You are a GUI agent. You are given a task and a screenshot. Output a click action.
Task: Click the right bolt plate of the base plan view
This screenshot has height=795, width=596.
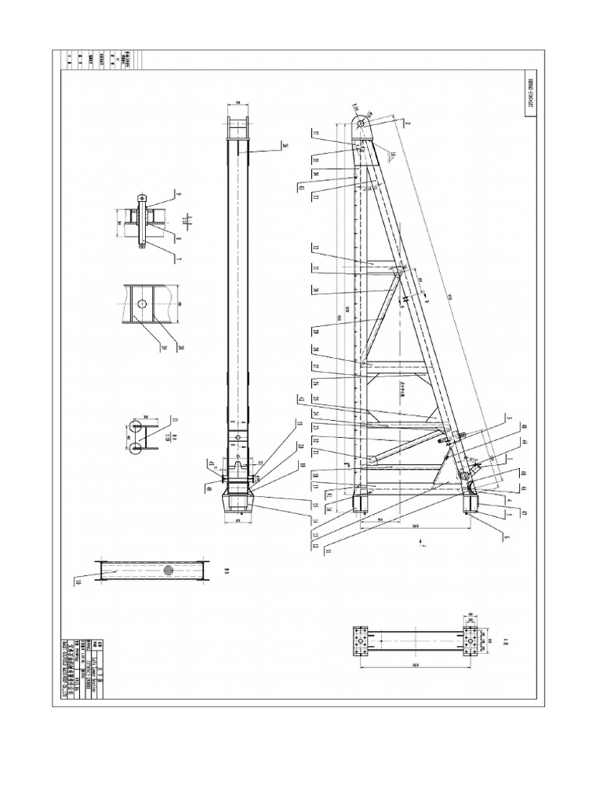pyautogui.click(x=472, y=641)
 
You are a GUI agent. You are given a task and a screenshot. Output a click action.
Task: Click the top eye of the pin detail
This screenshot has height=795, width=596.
pyautogui.click(x=140, y=199)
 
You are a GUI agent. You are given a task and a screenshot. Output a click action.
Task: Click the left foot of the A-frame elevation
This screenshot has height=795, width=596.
pyautogui.click(x=362, y=498)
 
